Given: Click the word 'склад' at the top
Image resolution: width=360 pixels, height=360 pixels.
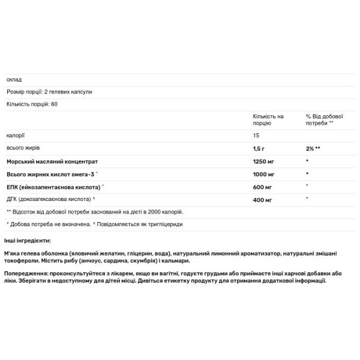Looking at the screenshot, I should point(13,80).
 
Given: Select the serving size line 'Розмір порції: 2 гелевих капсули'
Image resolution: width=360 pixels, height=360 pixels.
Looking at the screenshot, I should point(49,92).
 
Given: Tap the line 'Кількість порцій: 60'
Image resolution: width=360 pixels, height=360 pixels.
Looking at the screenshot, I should point(31,104).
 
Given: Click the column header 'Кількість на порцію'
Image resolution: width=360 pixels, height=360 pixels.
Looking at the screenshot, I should point(268,119).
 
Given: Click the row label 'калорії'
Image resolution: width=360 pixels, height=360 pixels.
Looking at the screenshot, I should point(16,136).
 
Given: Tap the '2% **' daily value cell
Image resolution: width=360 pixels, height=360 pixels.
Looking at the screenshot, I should point(313,148).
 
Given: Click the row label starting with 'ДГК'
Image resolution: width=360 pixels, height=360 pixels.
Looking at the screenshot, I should point(52,199).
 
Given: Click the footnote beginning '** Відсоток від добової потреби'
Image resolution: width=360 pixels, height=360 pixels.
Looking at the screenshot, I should point(94,211).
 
